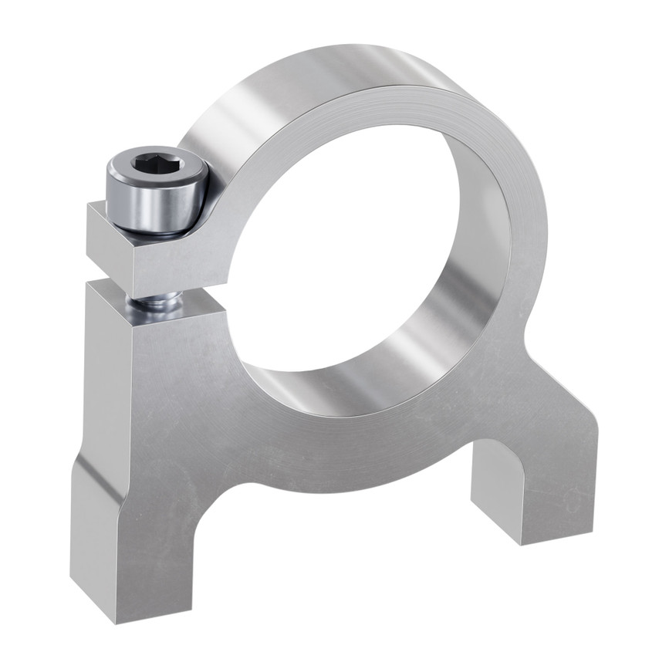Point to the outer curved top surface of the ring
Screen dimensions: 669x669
tap(309, 85)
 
